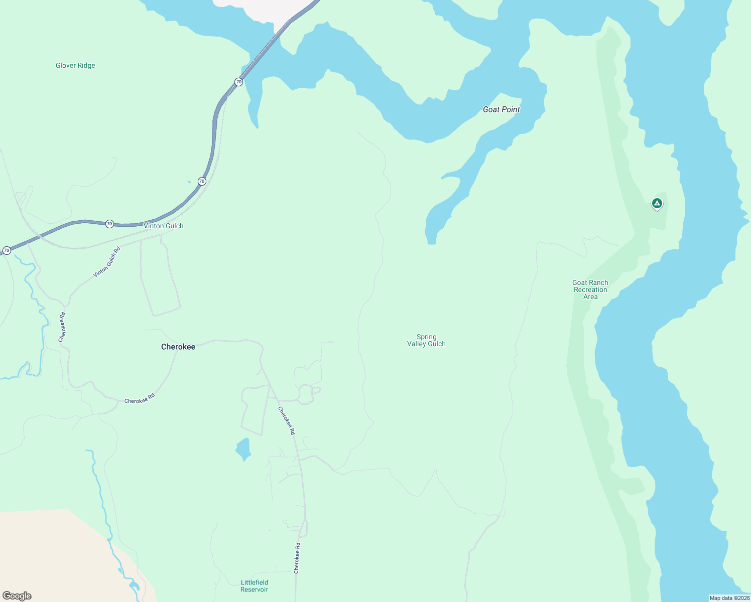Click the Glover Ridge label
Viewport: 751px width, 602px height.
coord(75,65)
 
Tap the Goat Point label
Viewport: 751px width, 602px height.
coord(501,109)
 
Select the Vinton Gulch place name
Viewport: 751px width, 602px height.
coord(164,226)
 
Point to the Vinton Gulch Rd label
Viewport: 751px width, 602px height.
coord(107,262)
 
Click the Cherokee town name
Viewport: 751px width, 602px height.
coord(178,347)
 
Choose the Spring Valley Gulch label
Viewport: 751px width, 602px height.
coord(426,340)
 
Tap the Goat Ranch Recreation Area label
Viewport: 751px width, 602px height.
coord(590,289)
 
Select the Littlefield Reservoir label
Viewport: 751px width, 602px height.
coord(255,586)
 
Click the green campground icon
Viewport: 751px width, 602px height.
coord(657,203)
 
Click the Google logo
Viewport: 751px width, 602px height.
coord(17,596)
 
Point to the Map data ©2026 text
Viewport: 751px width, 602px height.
coord(729,598)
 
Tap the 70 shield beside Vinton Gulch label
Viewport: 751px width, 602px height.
coord(109,224)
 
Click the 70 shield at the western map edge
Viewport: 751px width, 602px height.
coord(7,250)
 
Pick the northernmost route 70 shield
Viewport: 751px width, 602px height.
coord(238,82)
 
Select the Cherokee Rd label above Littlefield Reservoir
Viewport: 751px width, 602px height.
coord(297,558)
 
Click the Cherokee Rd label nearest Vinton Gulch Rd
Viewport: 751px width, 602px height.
coord(62,328)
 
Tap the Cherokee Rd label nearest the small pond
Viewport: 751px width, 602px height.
coord(287,420)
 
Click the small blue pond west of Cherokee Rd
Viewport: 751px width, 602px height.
coord(243,449)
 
